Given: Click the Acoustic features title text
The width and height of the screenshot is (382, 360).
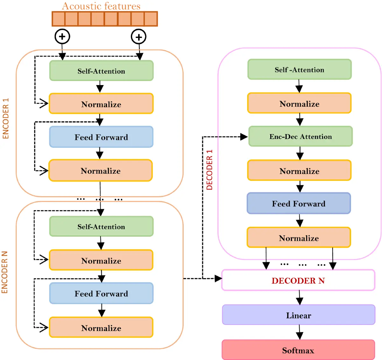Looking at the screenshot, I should (x=101, y=6).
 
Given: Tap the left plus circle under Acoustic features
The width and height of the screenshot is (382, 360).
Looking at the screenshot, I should (x=62, y=36).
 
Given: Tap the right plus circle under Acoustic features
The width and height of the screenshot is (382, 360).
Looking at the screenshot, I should (x=138, y=37).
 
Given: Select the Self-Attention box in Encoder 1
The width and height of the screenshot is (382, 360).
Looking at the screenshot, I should (x=101, y=71).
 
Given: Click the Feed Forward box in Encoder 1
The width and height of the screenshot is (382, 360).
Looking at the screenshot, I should (x=101, y=137).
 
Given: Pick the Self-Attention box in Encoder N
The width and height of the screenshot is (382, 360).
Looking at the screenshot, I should (x=101, y=227).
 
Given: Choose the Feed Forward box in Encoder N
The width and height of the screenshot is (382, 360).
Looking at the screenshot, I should (x=101, y=293).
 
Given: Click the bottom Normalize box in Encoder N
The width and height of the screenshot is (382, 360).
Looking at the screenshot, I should (x=101, y=328).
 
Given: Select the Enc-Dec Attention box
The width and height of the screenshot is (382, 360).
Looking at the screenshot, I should (x=301, y=136).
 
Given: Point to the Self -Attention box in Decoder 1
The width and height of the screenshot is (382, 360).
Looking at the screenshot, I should (x=299, y=69).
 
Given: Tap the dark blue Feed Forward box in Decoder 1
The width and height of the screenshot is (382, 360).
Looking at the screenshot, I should (x=299, y=203).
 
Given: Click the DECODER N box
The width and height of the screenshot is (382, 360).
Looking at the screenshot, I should (x=298, y=280).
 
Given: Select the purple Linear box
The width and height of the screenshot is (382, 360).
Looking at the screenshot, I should (x=299, y=315).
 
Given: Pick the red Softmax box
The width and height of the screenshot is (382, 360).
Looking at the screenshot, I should (x=298, y=350).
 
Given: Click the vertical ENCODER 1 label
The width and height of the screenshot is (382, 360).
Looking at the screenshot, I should (x=6, y=119).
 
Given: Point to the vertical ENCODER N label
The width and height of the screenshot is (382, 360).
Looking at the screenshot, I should (x=4, y=272).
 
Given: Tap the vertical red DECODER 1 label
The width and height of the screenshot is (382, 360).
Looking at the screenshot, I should (x=209, y=170).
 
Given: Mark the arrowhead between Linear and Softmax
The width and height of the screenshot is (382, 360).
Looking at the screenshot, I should (x=300, y=335).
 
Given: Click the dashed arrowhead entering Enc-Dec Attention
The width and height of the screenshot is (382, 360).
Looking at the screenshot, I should (x=244, y=137).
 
